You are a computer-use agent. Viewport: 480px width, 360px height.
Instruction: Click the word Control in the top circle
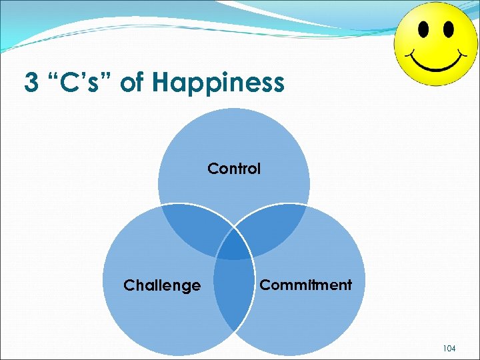234,169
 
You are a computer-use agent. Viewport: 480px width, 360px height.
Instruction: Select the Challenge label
162,286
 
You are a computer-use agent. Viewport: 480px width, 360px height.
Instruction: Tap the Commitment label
305,285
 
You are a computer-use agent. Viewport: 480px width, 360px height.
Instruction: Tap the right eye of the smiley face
448,29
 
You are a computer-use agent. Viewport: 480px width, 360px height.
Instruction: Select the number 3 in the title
31,83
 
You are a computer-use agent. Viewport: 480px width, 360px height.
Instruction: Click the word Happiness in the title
218,84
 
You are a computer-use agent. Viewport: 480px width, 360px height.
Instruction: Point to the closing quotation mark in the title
107,77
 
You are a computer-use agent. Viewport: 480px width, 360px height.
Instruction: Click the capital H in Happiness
160,83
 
